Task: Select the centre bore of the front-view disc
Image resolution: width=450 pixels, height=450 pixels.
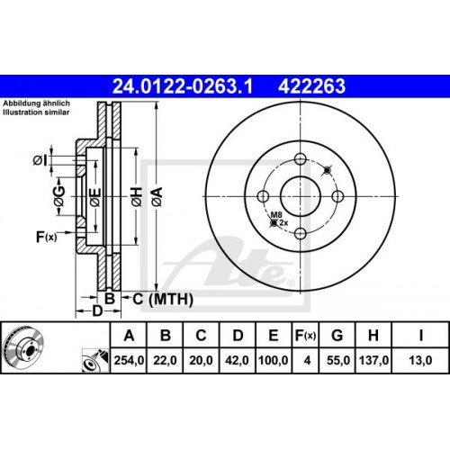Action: pos(300,196)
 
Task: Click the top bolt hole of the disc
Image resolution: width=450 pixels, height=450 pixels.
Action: pos(300,159)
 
